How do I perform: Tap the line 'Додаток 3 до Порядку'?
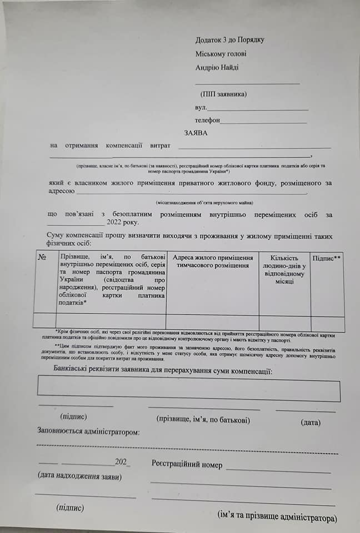[229, 40]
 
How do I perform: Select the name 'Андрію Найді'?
[217, 68]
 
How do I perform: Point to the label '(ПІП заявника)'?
[224, 94]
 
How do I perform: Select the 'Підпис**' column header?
[327, 259]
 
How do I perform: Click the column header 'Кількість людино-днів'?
[284, 270]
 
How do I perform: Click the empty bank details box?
[189, 389]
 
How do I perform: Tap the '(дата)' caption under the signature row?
[311, 423]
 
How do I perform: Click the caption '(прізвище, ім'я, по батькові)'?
[203, 420]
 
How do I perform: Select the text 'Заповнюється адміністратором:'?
[88, 431]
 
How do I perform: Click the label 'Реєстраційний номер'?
[187, 465]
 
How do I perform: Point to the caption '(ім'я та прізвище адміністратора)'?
[277, 517]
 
